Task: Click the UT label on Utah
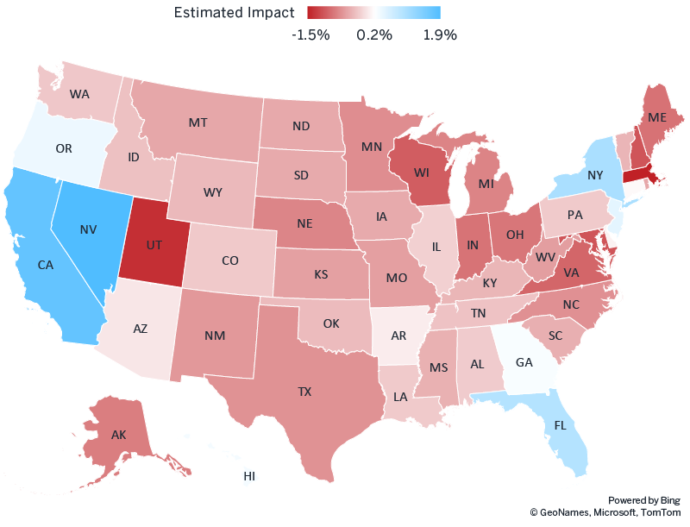(x=154, y=245)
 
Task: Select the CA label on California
(x=47, y=266)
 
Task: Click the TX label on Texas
(x=304, y=391)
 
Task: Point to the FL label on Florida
(x=561, y=425)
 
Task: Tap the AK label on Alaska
(x=119, y=435)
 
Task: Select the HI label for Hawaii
(x=249, y=475)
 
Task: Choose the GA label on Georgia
(x=524, y=362)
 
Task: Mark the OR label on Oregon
(x=64, y=148)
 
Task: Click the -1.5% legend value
(x=310, y=35)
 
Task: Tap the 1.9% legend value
(x=439, y=35)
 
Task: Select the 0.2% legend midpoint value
(x=374, y=35)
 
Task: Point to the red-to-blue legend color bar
(x=373, y=12)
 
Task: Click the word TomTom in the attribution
(x=660, y=512)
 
